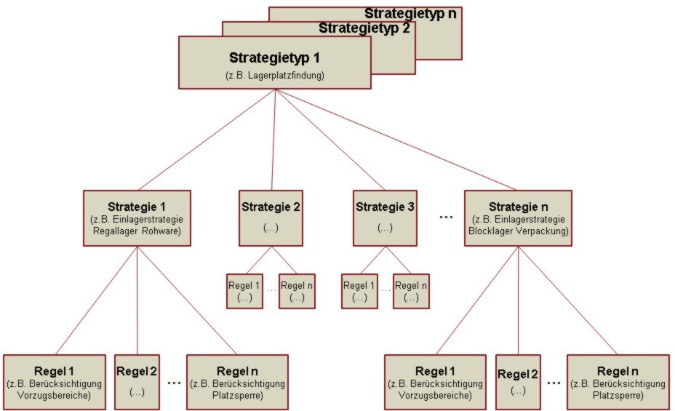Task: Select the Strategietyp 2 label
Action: [x=364, y=28]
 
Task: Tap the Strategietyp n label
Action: [x=411, y=13]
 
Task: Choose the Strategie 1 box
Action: [x=137, y=217]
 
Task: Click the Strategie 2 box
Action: [x=271, y=217]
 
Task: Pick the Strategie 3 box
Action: [x=385, y=217]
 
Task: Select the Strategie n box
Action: [x=517, y=217]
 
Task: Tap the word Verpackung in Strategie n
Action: [x=540, y=232]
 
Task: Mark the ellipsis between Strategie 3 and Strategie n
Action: [x=447, y=218]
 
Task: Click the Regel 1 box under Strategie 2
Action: [x=244, y=291]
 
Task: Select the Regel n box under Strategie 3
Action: [x=411, y=291]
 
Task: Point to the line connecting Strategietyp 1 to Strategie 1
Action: [x=205, y=140]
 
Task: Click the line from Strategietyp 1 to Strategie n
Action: [x=396, y=140]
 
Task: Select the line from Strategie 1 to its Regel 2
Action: [x=137, y=298]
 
